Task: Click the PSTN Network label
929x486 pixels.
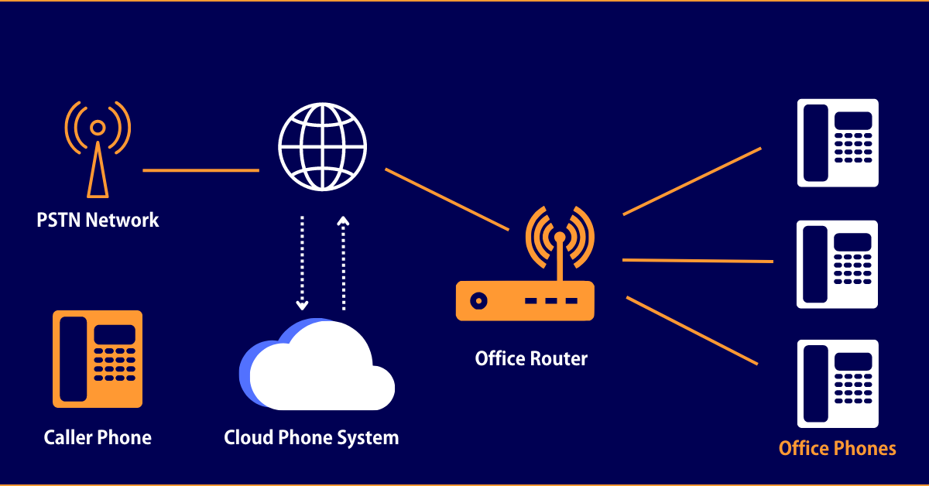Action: (x=98, y=220)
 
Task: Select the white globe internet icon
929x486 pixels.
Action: (x=322, y=148)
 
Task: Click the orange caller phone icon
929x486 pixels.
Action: (x=98, y=359)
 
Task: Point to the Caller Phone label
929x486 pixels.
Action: (x=98, y=437)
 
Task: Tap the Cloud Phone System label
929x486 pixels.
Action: (x=311, y=437)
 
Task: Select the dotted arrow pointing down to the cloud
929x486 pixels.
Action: (x=302, y=263)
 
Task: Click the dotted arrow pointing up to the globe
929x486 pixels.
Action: (x=344, y=263)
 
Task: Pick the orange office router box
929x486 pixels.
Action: (x=525, y=300)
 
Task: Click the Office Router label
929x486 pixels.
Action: (x=531, y=359)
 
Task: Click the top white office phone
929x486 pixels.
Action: (x=838, y=142)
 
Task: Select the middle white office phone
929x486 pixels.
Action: (x=838, y=264)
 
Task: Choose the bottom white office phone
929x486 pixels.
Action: (x=838, y=384)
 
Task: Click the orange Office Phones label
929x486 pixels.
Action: (x=837, y=448)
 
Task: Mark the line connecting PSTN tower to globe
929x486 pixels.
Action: (x=201, y=170)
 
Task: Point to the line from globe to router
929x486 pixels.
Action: (x=447, y=199)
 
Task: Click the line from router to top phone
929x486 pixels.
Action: (x=692, y=181)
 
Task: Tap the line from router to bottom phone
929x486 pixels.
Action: (x=691, y=330)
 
